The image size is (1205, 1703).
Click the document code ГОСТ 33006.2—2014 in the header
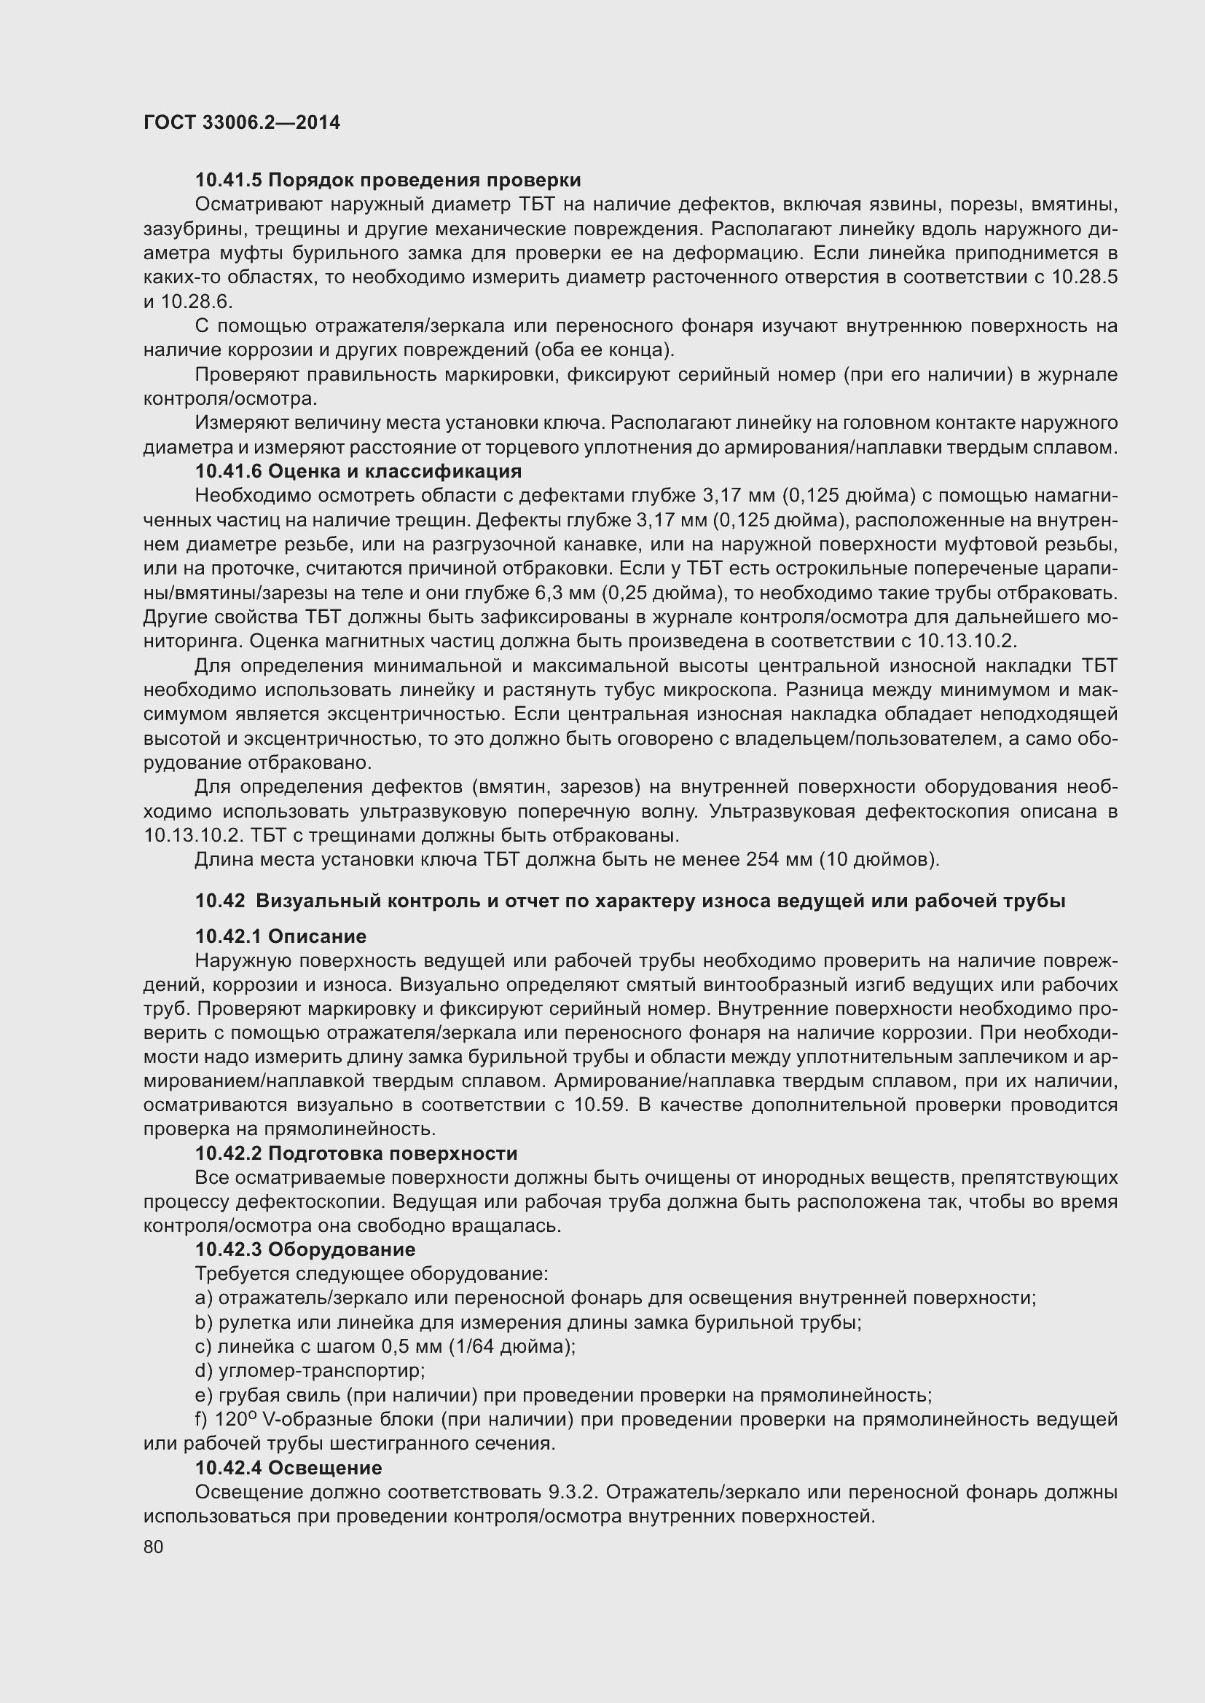[242, 122]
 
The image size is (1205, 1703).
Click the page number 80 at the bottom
[154, 1546]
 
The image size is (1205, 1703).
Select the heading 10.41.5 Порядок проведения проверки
[388, 181]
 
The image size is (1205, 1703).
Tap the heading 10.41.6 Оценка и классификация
[358, 471]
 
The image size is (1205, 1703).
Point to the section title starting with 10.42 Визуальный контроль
[630, 901]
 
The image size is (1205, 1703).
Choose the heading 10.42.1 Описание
[280, 936]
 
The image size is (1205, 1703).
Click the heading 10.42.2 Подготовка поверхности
[356, 1153]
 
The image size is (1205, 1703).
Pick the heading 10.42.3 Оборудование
[305, 1250]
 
